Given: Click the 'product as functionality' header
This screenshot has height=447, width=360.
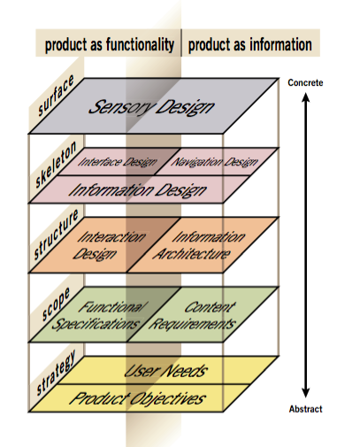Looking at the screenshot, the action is (110, 45).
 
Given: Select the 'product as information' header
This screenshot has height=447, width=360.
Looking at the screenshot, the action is (250, 45).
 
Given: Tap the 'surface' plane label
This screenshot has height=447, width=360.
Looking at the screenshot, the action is (56, 95).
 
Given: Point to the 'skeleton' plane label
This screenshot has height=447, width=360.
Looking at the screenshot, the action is (56, 165).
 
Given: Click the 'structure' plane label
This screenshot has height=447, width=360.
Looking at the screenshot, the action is (56, 235).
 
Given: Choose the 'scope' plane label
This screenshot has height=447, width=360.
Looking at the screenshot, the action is (56, 304).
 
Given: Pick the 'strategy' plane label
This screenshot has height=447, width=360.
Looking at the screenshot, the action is (56, 373).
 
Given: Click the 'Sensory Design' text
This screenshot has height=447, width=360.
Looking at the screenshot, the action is (151, 107).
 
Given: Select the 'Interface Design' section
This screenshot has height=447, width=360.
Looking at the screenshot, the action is (117, 162).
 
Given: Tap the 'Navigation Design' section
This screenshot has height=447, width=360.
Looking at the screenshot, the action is (214, 162).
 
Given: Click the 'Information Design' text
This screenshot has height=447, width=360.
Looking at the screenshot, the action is (137, 190).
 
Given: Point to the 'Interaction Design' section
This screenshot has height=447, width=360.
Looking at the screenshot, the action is (109, 245).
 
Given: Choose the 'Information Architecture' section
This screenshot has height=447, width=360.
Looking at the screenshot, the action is (199, 245).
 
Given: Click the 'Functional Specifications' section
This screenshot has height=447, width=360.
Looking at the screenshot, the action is (98, 315).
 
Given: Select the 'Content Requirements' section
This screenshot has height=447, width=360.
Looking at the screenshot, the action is (193, 315).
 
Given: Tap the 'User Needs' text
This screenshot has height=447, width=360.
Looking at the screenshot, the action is (165, 371).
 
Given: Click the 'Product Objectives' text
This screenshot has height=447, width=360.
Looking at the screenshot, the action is (137, 398).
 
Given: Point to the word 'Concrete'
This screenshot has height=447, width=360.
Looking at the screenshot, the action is (305, 82).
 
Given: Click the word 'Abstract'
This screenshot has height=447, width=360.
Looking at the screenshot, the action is (306, 409).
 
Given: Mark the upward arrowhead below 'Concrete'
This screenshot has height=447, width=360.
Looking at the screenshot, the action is (306, 97).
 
